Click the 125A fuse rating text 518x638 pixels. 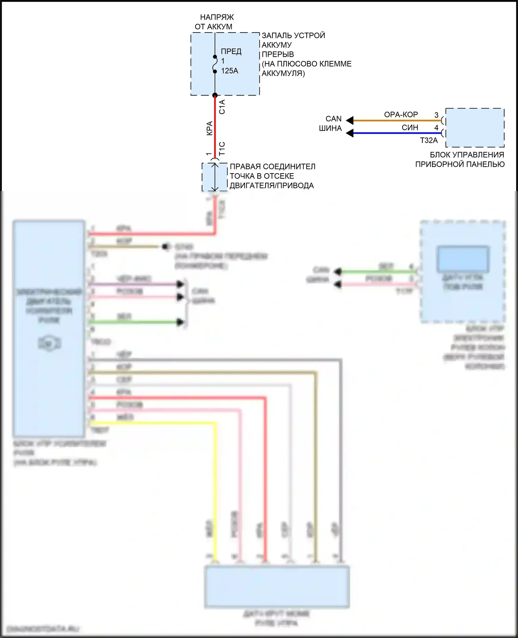pos(230,71)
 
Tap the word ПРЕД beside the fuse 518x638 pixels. pos(231,51)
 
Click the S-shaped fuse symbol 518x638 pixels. pos(215,64)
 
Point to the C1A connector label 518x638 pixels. pos(222,107)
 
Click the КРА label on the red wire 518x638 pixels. pos(209,128)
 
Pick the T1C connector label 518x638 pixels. pos(222,148)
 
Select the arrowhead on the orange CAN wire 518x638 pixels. pos(350,121)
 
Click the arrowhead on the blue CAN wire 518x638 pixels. pos(350,133)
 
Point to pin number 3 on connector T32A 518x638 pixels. pos(436,115)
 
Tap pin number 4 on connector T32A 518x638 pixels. pos(436,128)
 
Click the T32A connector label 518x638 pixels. pos(429,140)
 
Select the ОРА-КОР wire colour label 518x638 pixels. pos(401,114)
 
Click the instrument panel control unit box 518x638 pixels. pos(475,128)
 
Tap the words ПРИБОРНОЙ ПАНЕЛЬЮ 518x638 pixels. pos(460,164)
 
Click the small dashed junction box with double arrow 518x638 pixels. pos(214,177)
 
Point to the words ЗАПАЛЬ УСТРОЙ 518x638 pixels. pos(294,35)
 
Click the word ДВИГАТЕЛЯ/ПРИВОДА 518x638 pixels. pos(272,186)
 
